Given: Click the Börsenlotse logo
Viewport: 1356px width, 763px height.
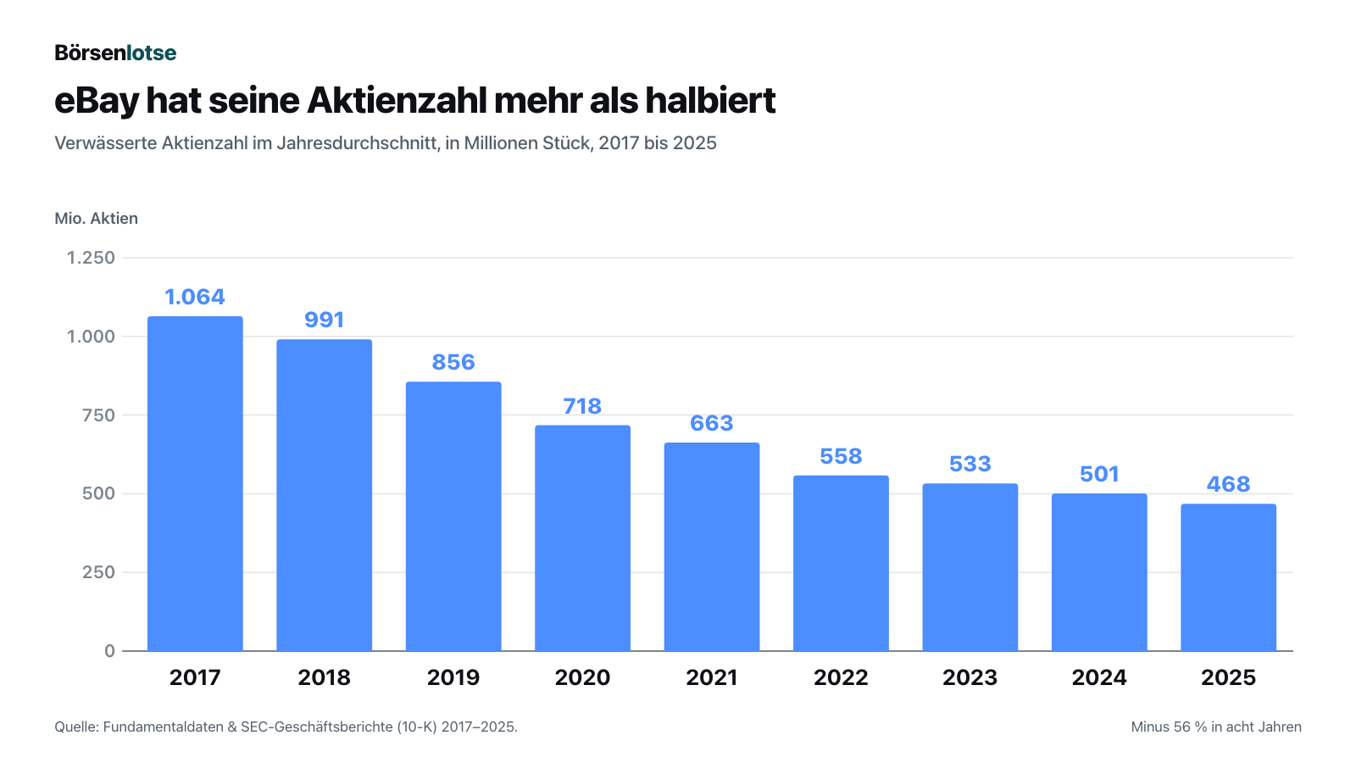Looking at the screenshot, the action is [x=115, y=53].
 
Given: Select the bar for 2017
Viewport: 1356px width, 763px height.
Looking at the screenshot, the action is [x=195, y=484].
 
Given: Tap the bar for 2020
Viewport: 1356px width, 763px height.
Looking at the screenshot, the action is [x=582, y=538].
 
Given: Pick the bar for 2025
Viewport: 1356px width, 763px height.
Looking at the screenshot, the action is [x=1228, y=577].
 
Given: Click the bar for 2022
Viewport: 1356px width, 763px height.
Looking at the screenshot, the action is [x=841, y=563].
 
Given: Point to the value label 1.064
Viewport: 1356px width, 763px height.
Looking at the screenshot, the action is [x=195, y=297].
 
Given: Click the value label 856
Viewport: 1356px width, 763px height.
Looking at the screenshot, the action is [x=453, y=362].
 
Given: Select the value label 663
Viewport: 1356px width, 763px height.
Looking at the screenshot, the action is [x=712, y=423].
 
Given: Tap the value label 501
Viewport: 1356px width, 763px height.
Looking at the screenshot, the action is [x=1099, y=474].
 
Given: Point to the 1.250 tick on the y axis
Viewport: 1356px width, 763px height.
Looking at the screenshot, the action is [x=91, y=258].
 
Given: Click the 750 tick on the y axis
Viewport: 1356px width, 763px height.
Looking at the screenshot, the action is [x=98, y=415].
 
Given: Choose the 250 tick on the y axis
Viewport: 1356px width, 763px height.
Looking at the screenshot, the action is [x=98, y=572].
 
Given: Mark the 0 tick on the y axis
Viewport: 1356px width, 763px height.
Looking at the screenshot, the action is [x=109, y=651].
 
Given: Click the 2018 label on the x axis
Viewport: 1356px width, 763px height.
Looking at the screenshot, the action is [x=324, y=677].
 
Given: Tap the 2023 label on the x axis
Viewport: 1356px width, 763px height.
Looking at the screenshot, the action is [x=970, y=677].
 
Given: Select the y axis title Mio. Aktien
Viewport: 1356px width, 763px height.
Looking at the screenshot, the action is [x=97, y=218].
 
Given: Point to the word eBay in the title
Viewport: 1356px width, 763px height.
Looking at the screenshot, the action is [x=97, y=102].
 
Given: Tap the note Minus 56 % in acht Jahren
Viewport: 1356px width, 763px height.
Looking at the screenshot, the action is [x=1216, y=727].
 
